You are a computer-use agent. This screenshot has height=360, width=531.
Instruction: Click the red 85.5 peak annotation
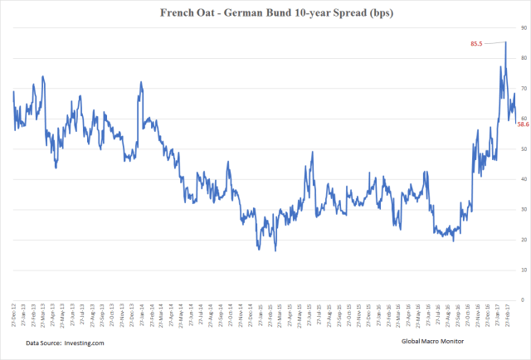477,43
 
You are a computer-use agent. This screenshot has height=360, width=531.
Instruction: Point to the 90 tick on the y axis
522,28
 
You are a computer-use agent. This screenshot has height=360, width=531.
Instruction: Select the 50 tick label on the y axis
522,149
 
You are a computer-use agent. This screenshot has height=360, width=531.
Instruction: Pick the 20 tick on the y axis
522,240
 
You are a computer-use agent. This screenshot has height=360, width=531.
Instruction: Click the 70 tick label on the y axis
522,89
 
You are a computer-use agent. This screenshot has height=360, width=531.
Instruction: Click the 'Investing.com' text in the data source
90,343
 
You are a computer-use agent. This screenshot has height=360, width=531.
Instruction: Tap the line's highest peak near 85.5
506,42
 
